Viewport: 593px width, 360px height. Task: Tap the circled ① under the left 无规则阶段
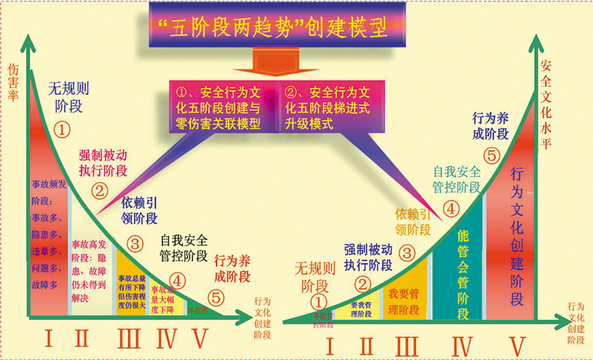[x=63, y=130]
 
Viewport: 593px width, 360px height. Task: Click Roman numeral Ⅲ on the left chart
[x=130, y=338]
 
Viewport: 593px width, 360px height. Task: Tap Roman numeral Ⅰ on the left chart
[x=48, y=337]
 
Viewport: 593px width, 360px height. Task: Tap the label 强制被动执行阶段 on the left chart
[x=103, y=163]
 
